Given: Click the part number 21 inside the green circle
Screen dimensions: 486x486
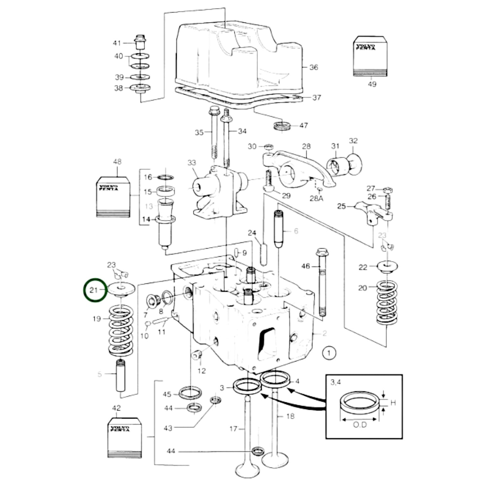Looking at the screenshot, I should (x=93, y=290).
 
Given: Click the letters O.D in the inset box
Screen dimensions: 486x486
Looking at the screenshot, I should (x=360, y=425).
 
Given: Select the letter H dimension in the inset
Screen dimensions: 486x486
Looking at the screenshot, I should (x=392, y=403).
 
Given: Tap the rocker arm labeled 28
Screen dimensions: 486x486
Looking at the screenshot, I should (x=296, y=168).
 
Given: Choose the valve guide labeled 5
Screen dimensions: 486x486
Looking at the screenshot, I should (x=120, y=376).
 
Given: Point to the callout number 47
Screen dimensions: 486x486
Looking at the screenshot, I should (x=303, y=125).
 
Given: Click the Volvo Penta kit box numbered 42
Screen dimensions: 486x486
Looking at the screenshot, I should (x=124, y=437).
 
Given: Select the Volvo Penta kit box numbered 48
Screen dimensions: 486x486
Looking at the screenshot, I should (x=113, y=196).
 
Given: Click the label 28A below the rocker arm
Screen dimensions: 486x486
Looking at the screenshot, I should (x=316, y=198).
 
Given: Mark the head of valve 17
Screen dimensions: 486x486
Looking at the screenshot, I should (x=247, y=469).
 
